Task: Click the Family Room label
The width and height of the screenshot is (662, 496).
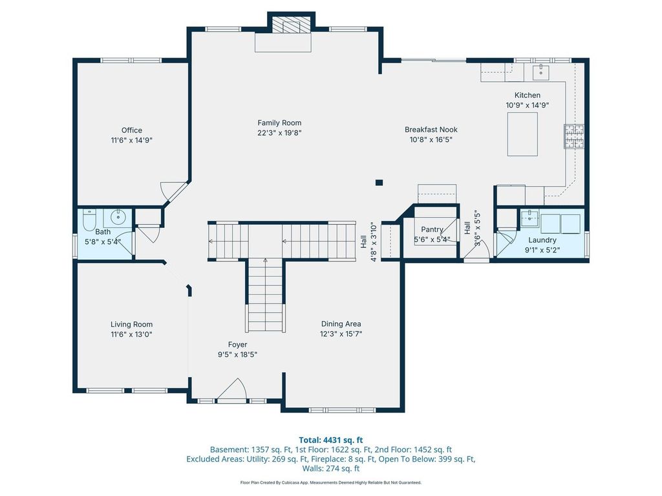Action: (279, 123)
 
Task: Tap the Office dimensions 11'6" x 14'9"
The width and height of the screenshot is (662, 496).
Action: (132, 140)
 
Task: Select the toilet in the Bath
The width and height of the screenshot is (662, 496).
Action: (89, 220)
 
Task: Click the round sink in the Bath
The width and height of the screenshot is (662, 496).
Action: (118, 217)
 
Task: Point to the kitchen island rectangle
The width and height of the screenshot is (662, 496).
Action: (522, 134)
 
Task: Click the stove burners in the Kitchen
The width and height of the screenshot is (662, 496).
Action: (574, 136)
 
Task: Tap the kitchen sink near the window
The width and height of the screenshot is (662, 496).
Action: (541, 72)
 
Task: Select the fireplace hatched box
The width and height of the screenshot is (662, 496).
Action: (286, 25)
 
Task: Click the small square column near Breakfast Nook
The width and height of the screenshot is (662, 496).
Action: (379, 183)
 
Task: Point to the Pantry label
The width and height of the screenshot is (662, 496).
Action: (432, 229)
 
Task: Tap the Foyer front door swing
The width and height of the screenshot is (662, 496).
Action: (232, 389)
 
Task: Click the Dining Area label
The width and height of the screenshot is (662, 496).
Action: (341, 324)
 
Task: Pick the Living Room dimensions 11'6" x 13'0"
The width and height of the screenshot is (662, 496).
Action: (132, 335)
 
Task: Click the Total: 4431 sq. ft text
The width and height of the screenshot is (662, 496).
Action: (331, 440)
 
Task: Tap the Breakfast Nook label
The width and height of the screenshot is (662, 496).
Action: (431, 129)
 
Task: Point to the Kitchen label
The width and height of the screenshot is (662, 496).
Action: (528, 96)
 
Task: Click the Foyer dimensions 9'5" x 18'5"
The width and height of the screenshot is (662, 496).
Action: (238, 355)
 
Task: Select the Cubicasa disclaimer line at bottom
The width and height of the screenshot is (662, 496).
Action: (331, 482)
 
